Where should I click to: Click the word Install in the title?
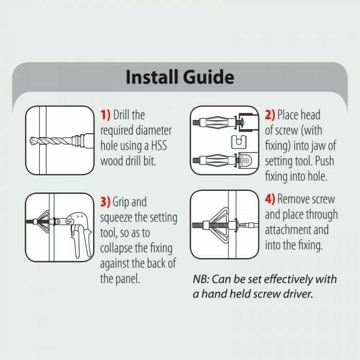150,77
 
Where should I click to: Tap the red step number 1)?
105,115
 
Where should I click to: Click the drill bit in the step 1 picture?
52,139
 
